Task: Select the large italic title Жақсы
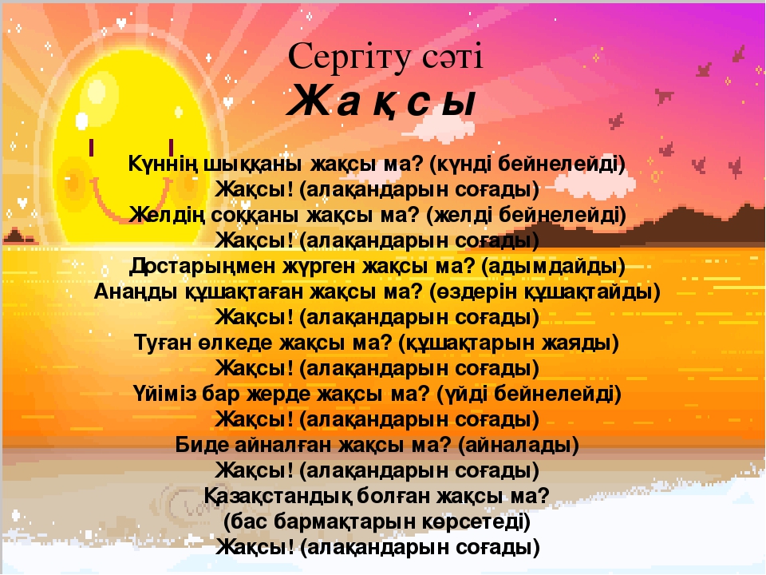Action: point(381,101)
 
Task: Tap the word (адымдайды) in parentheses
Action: point(553,267)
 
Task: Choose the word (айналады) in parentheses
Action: point(519,445)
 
